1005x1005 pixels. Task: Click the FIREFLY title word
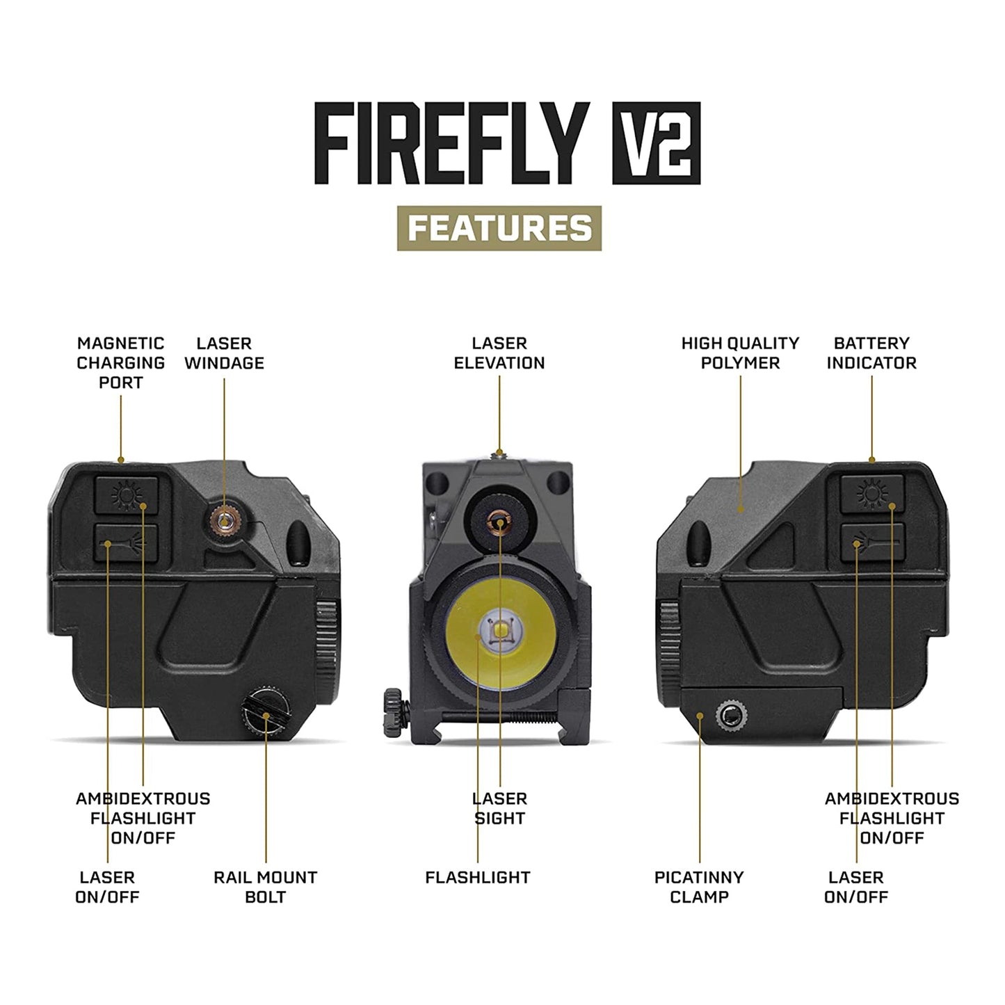pos(452,143)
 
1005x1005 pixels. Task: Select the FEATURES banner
pos(499,228)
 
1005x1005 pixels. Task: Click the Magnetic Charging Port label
pos(120,362)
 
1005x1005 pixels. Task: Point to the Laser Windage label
pos(224,353)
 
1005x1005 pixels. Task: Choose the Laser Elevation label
pos(499,353)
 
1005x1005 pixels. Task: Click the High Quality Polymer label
pos(740,353)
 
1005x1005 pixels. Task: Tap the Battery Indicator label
pos(871,353)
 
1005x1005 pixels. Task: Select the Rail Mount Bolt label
pos(265,887)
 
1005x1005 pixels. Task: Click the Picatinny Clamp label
pos(699,887)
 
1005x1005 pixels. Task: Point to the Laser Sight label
pos(499,808)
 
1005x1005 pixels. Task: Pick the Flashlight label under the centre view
pos(478,878)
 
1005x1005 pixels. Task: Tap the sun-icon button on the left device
pos(126,495)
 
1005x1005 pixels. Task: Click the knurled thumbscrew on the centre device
pos(394,710)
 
